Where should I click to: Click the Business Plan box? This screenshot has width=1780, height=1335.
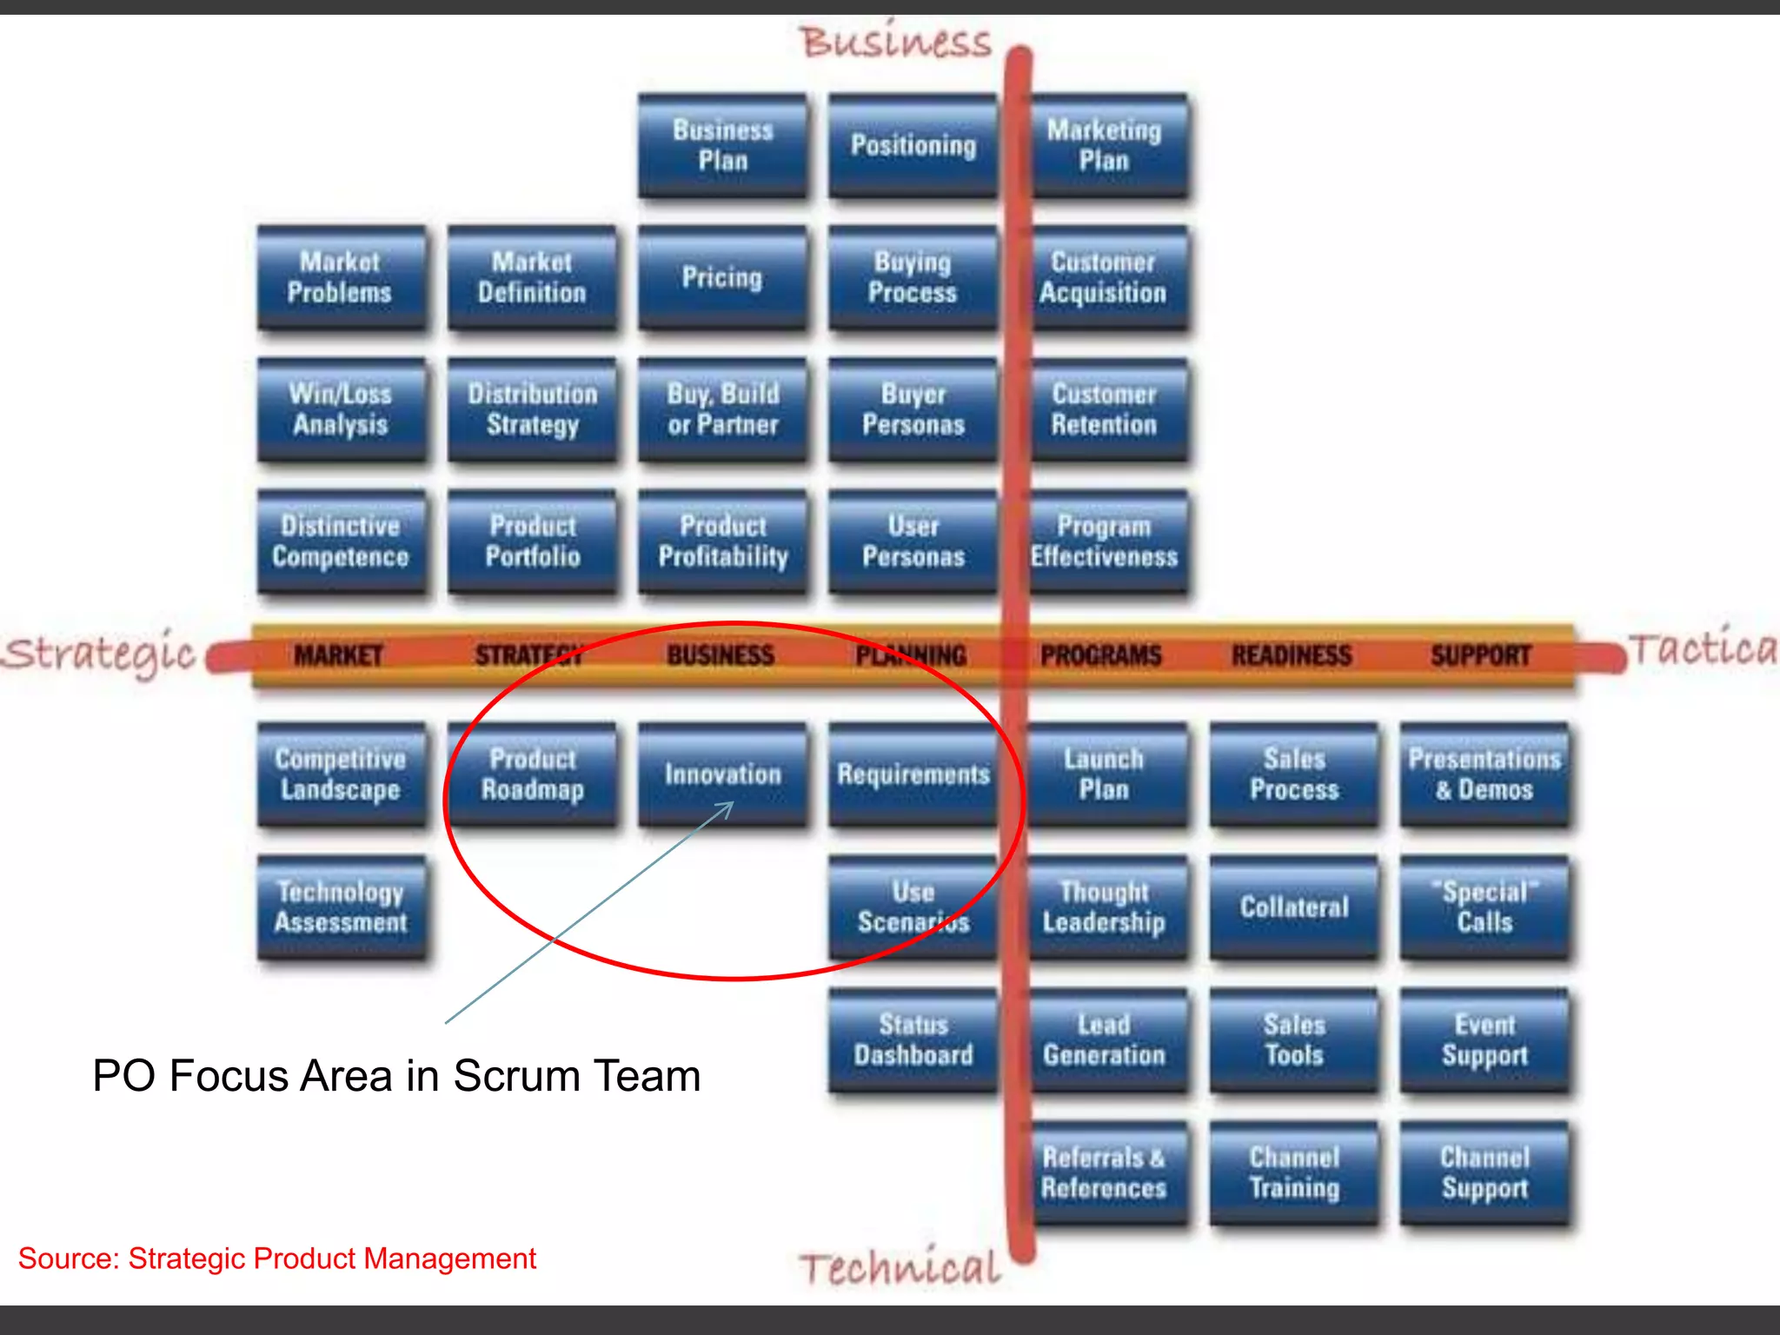click(x=722, y=146)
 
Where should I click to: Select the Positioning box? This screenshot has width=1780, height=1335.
click(x=913, y=146)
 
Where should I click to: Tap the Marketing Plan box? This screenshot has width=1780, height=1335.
click(x=1104, y=146)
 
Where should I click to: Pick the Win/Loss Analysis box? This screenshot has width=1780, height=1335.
click(x=341, y=409)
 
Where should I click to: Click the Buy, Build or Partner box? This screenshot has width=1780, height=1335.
click(x=722, y=409)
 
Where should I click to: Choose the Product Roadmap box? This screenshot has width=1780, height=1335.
click(x=532, y=774)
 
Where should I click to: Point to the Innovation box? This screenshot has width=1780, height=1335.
click(x=722, y=774)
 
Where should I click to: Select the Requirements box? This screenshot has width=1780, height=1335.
click(x=913, y=774)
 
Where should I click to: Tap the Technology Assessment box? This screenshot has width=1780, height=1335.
click(x=341, y=907)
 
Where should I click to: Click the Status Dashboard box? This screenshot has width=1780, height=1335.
click(x=913, y=1040)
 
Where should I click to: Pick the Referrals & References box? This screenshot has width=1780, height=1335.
click(x=1104, y=1173)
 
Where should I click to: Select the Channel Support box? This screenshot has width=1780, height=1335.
click(x=1484, y=1173)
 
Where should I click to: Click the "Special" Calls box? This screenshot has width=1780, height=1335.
click(x=1484, y=907)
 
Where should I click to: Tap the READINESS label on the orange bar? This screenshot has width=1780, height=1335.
click(x=1292, y=655)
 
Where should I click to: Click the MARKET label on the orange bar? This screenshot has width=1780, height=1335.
click(x=338, y=655)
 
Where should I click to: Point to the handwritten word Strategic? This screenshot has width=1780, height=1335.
click(x=98, y=654)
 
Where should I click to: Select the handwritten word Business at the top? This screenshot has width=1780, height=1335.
click(x=895, y=42)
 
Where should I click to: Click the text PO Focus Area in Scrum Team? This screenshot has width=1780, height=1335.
click(x=396, y=1076)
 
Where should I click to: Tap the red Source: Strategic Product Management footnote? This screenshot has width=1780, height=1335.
click(x=276, y=1259)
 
